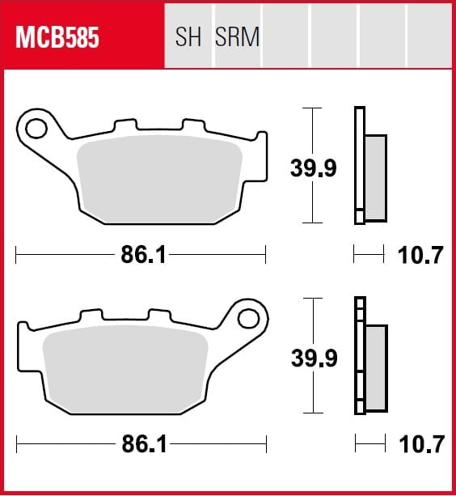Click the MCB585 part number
(x=57, y=38)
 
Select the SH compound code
(x=188, y=36)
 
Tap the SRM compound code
(x=238, y=36)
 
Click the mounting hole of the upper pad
(x=36, y=129)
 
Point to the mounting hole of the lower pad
(x=248, y=319)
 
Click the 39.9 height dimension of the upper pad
(x=314, y=168)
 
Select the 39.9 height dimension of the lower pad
(x=315, y=358)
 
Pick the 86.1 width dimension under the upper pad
(x=143, y=255)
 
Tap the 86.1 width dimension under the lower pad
(x=145, y=444)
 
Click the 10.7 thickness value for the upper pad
(x=420, y=255)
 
